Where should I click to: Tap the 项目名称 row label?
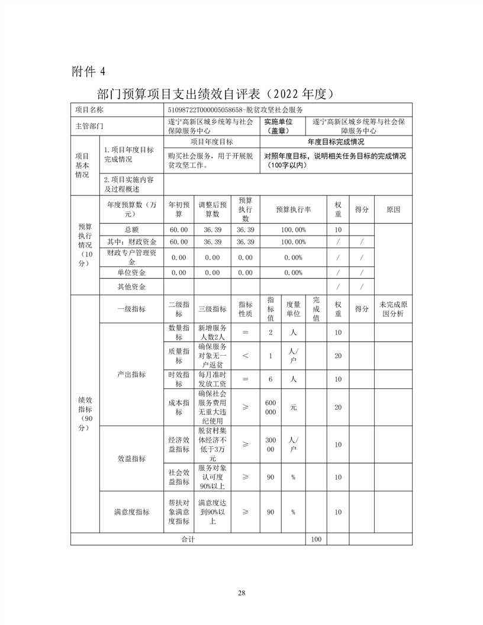(89, 109)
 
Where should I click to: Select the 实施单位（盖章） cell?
(283, 126)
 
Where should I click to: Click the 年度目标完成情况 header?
(336, 142)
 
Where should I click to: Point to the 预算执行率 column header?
(294, 210)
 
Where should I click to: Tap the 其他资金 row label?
(131, 286)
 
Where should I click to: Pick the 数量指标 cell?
(179, 333)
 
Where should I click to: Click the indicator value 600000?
(270, 407)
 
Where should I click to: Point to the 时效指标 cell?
(179, 379)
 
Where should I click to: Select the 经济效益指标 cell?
(179, 444)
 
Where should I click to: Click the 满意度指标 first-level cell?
(131, 512)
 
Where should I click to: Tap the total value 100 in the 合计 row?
(316, 539)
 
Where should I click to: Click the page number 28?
(241, 592)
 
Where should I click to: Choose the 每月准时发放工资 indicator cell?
(212, 379)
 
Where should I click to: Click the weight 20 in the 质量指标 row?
(339, 356)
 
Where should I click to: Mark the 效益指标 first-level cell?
(131, 458)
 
